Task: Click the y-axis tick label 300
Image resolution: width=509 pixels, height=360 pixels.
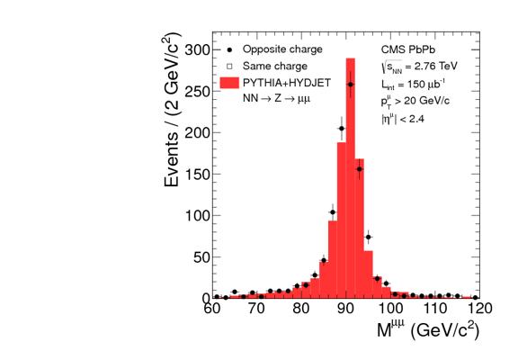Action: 198,50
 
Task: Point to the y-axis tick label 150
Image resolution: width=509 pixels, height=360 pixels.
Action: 198,175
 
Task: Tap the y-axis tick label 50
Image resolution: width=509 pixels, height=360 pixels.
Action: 202,257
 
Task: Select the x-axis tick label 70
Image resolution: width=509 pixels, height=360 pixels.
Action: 256,309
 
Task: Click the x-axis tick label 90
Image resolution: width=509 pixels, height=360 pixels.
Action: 345,309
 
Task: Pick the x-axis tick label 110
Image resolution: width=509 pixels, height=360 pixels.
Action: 434,309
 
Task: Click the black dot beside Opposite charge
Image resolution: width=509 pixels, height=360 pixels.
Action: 229,50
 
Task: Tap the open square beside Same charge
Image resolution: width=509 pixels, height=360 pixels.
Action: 229,67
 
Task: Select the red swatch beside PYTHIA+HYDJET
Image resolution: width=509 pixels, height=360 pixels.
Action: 229,83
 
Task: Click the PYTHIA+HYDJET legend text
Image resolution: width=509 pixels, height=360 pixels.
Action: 287,83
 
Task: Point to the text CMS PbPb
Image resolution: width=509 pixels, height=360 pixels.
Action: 408,49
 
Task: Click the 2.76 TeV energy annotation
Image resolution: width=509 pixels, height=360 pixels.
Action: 419,67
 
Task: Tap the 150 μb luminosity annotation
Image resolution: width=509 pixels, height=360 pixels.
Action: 413,85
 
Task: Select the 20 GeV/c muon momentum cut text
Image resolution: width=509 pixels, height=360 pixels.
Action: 415,102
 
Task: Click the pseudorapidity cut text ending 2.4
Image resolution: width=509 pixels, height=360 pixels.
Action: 403,119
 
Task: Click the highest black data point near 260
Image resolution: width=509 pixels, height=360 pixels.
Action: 351,85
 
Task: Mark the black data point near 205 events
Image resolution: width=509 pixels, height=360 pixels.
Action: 342,129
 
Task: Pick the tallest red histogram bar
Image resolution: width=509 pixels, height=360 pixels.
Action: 350,178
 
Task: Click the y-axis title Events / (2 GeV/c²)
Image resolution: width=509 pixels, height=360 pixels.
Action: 173,110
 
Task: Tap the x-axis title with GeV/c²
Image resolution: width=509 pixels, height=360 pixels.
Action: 428,329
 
